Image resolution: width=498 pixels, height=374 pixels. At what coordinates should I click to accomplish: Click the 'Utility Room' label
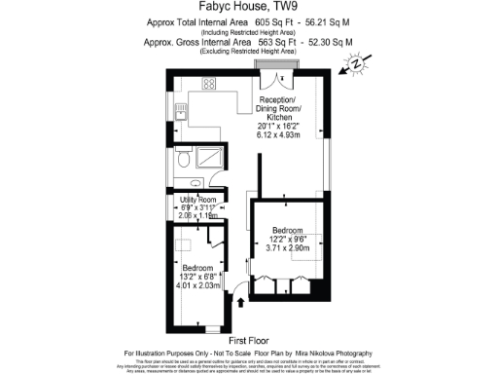(x=197, y=199)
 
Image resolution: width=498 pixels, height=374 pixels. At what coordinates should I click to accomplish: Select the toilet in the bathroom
(x=183, y=160)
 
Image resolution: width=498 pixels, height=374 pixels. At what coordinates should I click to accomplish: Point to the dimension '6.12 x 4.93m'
(x=280, y=134)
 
